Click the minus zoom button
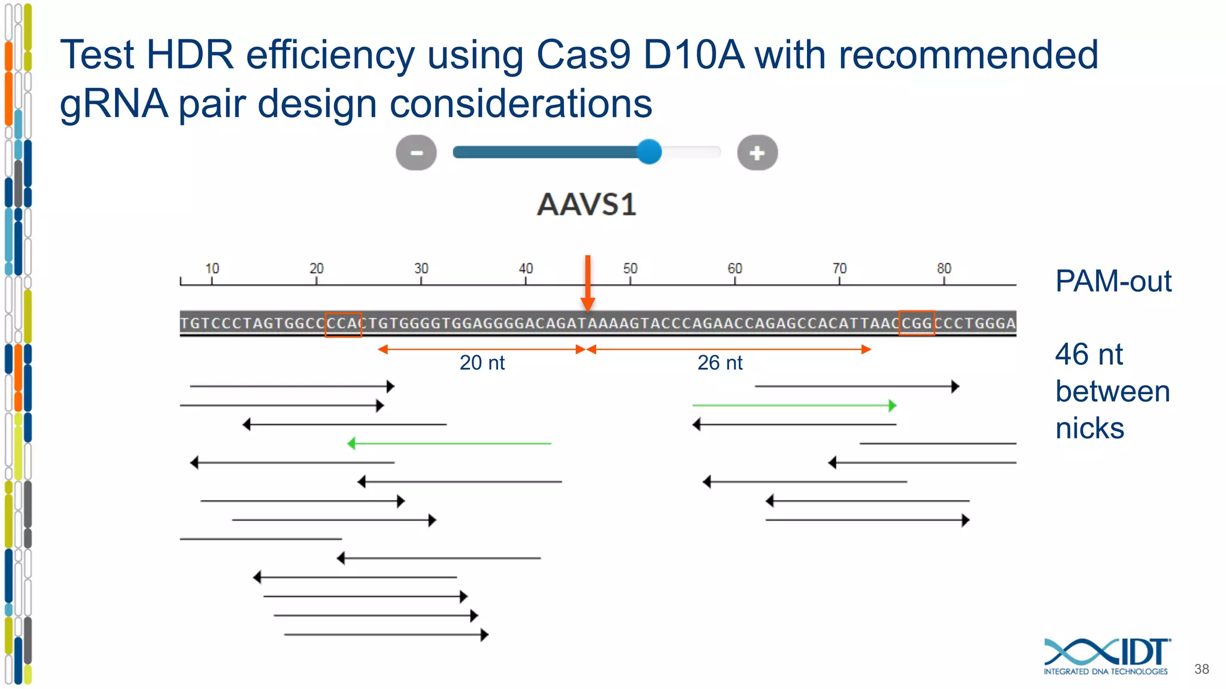[416, 153]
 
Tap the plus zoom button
[757, 153]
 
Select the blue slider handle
[649, 152]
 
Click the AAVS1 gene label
[587, 205]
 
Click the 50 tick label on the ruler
[630, 269]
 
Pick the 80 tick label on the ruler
[944, 269]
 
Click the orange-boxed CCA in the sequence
[343, 324]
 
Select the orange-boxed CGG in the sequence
[917, 324]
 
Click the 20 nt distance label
[482, 362]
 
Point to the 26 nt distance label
[720, 362]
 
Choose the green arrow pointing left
[449, 443]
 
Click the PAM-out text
[1113, 281]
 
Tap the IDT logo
[1106, 656]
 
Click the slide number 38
[1201, 669]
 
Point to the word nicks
[1090, 428]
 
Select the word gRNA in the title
[114, 104]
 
